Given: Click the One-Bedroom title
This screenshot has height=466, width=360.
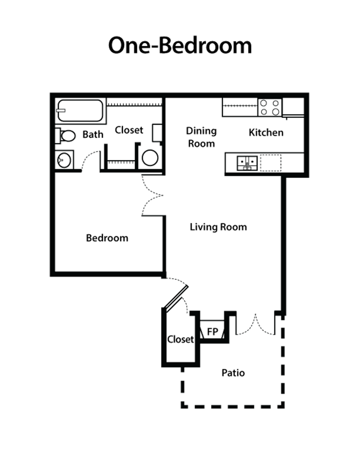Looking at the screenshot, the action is pyautogui.click(x=180, y=46).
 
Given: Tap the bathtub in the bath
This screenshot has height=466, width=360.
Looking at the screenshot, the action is pyautogui.click(x=80, y=111).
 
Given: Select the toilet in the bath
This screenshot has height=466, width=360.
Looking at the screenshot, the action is pyautogui.click(x=65, y=136).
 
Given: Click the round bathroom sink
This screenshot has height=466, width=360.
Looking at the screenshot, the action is pyautogui.click(x=64, y=160).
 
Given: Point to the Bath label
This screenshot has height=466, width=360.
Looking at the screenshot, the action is pyautogui.click(x=93, y=134).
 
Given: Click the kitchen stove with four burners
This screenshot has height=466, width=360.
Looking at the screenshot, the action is pyautogui.click(x=269, y=107).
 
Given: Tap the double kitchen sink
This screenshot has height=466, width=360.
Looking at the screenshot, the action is pyautogui.click(x=247, y=163).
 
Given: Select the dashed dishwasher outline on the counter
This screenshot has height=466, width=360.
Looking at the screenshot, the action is pyautogui.click(x=270, y=163).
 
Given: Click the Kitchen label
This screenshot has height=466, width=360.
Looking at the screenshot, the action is pyautogui.click(x=266, y=132).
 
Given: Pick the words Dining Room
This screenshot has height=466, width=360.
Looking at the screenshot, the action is pyautogui.click(x=201, y=137).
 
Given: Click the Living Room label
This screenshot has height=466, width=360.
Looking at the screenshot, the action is pyautogui.click(x=218, y=227).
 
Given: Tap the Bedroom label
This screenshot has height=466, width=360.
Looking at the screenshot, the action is pyautogui.click(x=107, y=238).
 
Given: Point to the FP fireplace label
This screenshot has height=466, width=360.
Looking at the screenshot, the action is pyautogui.click(x=213, y=331).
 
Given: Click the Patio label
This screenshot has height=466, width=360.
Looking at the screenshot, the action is pyautogui.click(x=233, y=373).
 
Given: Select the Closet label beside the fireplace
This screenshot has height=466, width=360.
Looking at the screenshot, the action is pyautogui.click(x=180, y=339).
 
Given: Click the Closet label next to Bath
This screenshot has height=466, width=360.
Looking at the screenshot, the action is pyautogui.click(x=129, y=130).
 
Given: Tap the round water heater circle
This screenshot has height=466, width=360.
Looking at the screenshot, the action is pyautogui.click(x=150, y=158).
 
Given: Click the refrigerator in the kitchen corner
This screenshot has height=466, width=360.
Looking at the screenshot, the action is pyautogui.click(x=293, y=107).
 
